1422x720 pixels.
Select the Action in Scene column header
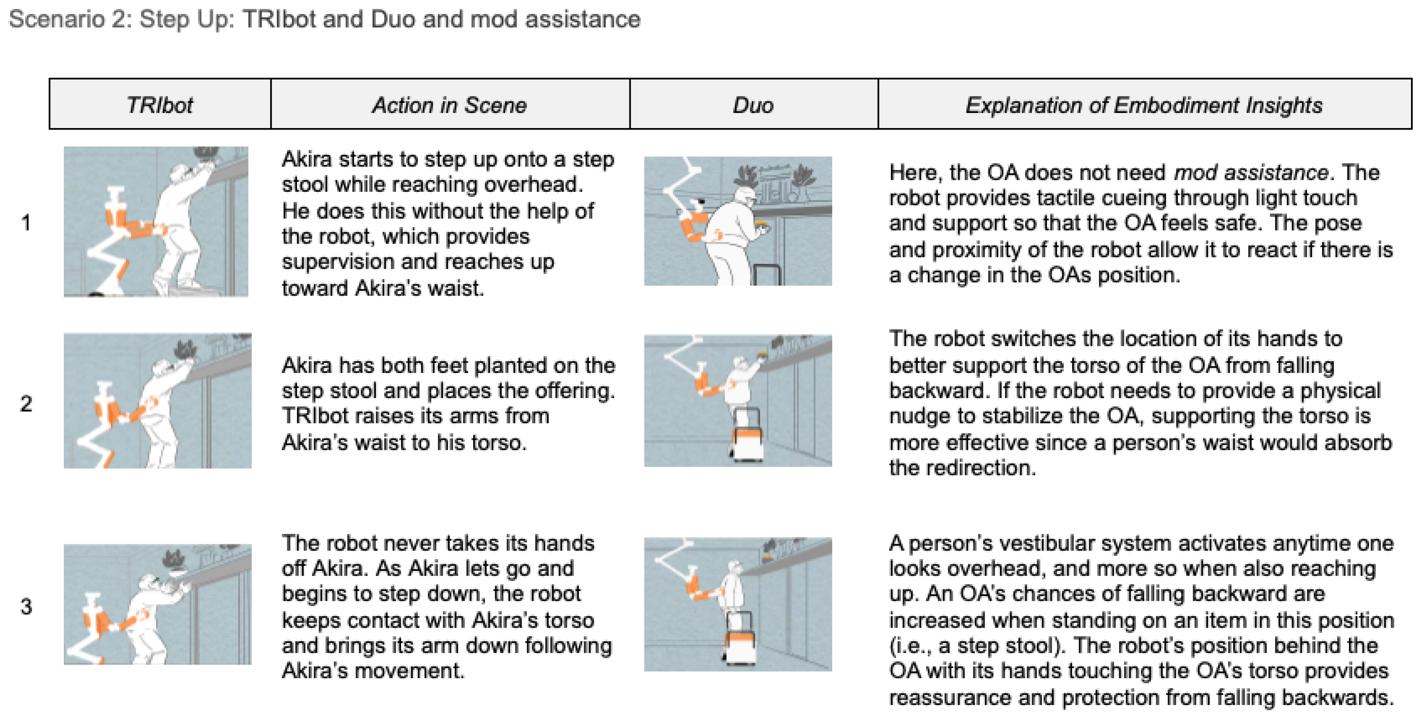(449, 105)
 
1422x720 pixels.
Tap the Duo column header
(753, 105)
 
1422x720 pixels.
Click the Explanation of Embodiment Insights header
(1144, 105)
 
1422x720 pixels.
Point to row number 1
(26, 223)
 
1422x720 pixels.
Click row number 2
(26, 404)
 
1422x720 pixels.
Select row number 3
(26, 607)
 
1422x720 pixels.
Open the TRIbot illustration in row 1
(156, 222)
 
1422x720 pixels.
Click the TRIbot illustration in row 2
(157, 401)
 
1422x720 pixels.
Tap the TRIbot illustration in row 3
(157, 604)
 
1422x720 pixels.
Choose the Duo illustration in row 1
(738, 221)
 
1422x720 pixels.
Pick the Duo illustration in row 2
(738, 401)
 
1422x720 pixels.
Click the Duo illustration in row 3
(738, 604)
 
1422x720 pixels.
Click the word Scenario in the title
(57, 19)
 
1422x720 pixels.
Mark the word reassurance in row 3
(949, 698)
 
